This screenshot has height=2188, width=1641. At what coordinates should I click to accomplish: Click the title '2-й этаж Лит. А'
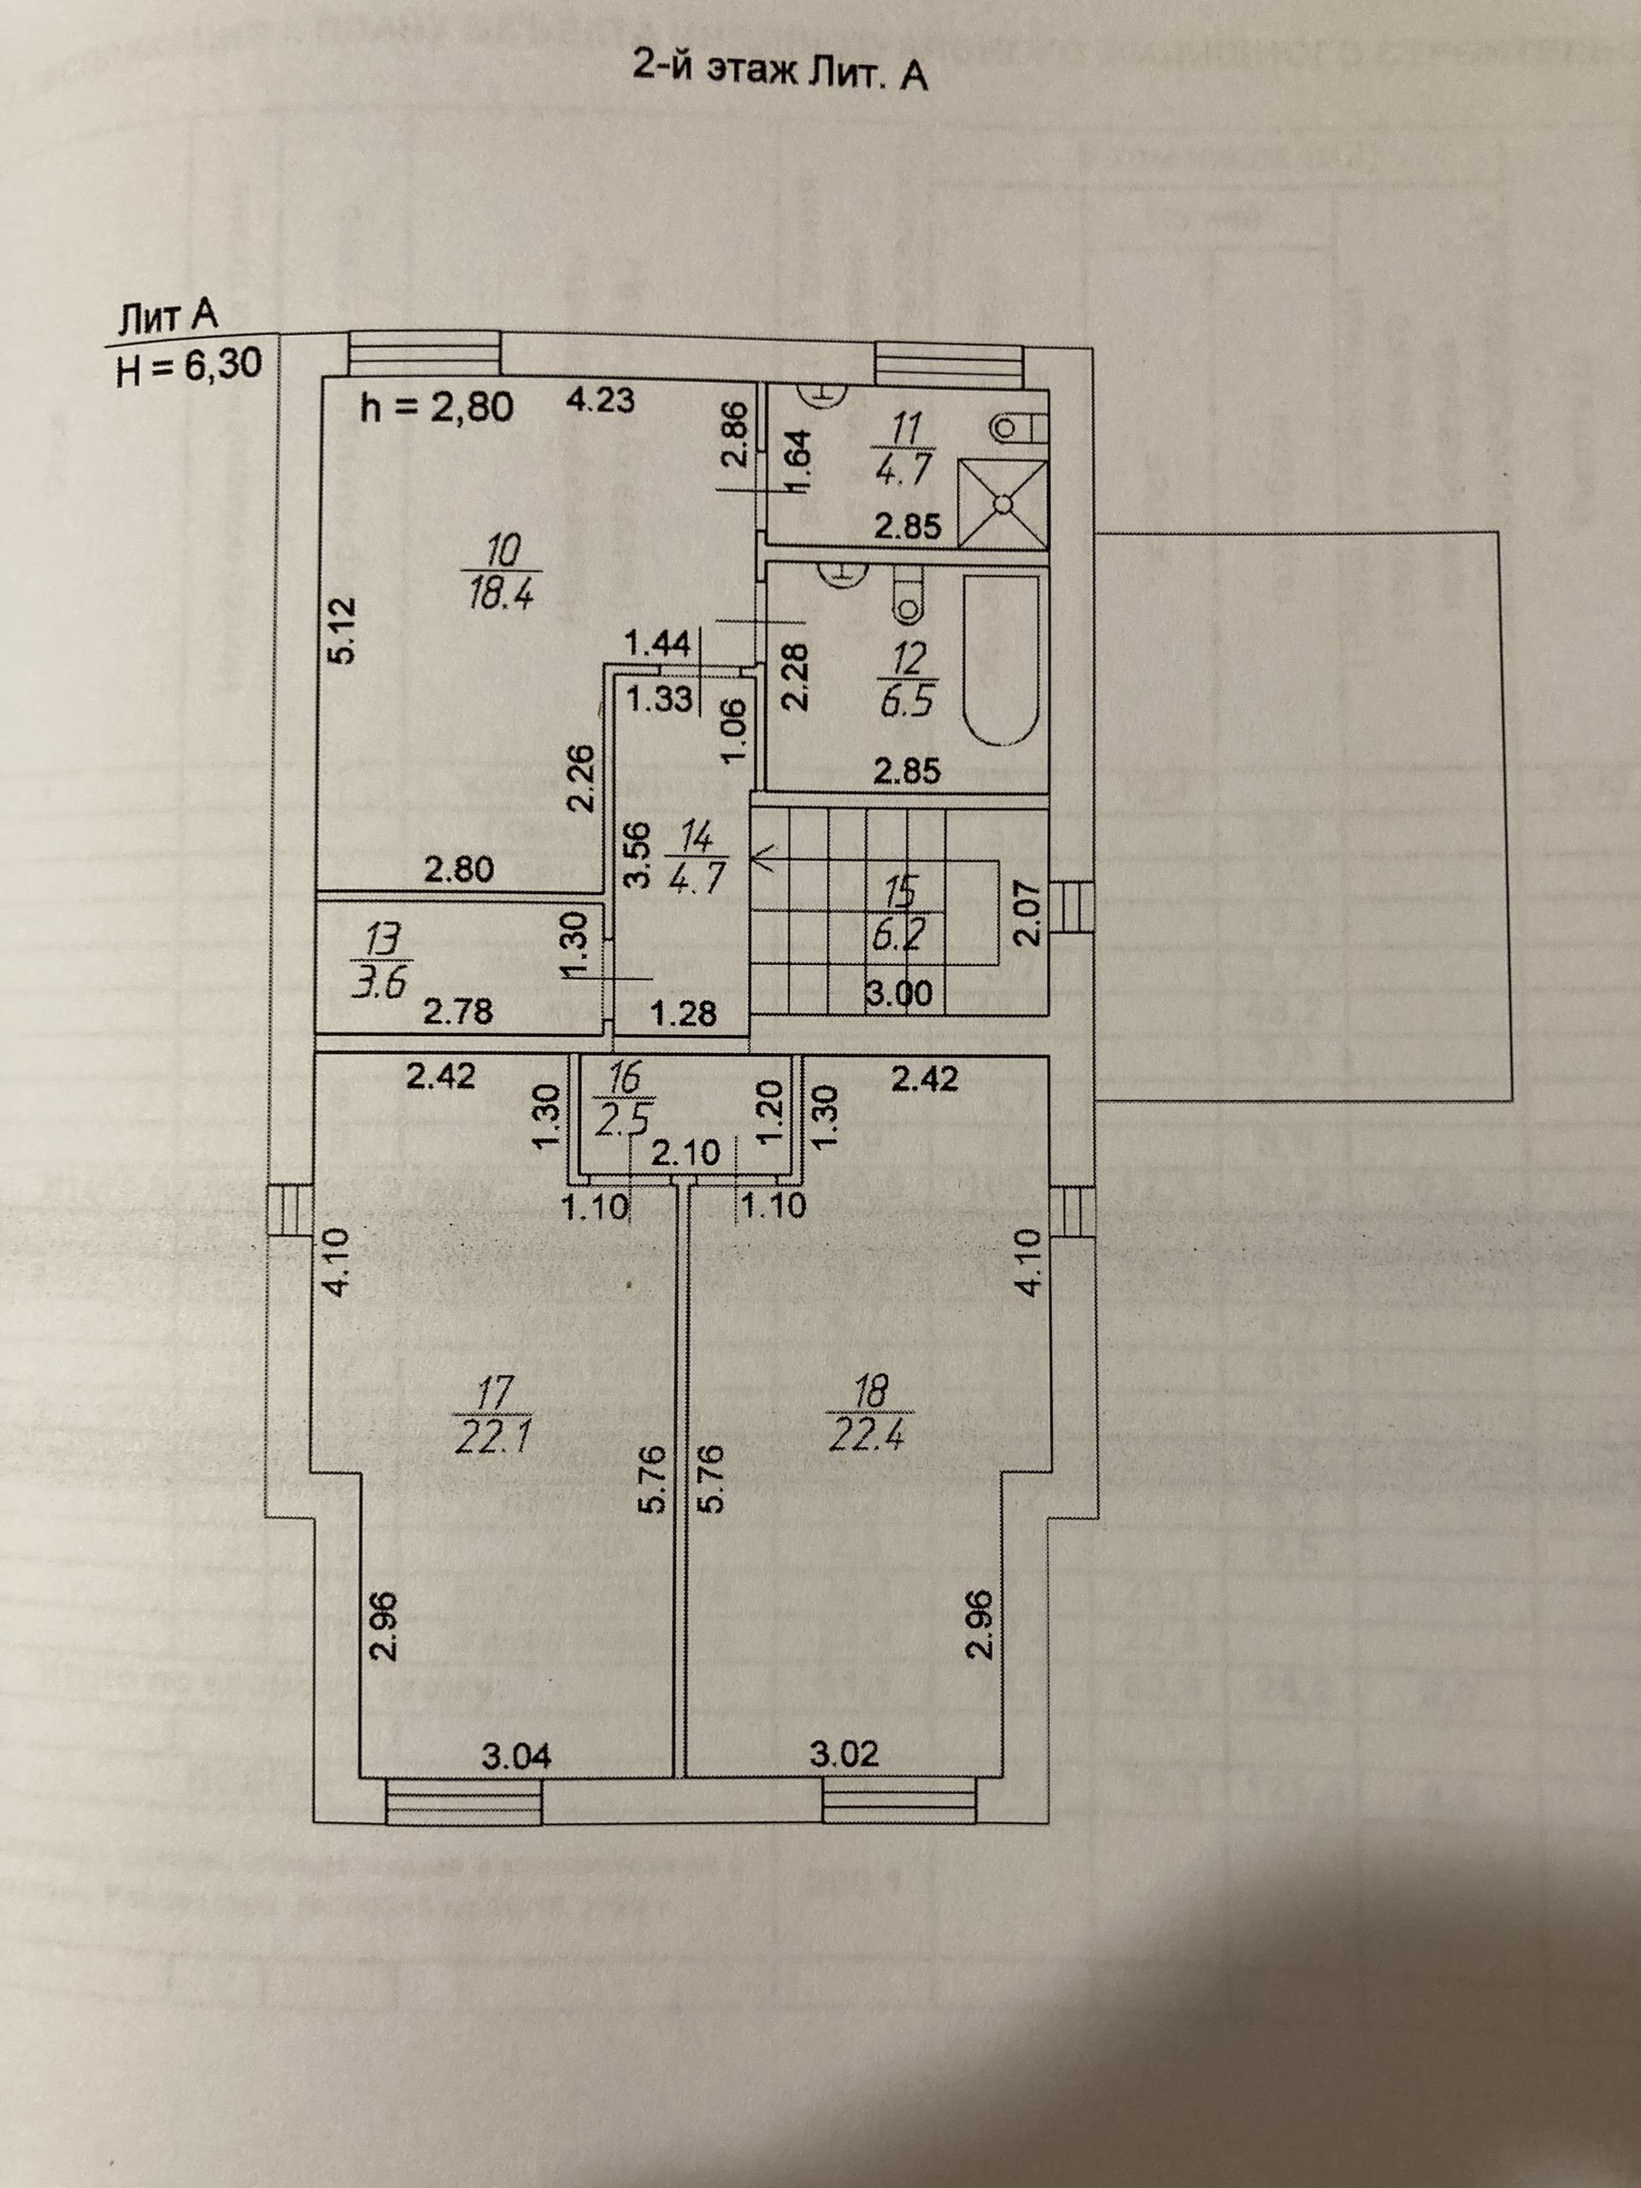(779, 74)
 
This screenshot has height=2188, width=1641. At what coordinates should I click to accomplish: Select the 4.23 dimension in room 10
(599, 401)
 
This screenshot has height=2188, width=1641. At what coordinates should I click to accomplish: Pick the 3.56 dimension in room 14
(639, 853)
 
